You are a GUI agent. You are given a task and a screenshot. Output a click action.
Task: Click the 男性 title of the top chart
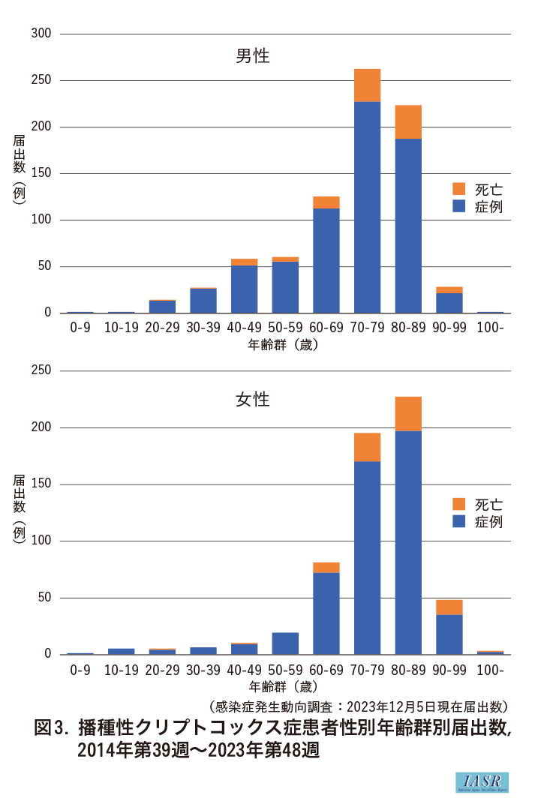pos(253,56)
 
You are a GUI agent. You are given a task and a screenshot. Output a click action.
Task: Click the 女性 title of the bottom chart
pos(253,400)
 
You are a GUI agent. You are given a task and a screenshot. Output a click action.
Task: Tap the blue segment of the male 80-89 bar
pos(408,225)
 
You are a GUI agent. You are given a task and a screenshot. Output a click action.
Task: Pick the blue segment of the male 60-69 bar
pos(326,260)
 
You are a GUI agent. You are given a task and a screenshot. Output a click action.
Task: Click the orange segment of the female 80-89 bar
pos(408,414)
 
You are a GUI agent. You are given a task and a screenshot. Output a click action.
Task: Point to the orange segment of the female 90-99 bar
pos(449,607)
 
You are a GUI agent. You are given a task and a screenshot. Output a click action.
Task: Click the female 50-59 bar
pos(285,643)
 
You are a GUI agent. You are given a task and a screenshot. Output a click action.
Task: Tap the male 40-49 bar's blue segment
pos(245,289)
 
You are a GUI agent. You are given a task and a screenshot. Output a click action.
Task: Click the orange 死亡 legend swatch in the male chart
pos(459,188)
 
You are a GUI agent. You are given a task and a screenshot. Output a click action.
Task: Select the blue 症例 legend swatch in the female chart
pos(459,521)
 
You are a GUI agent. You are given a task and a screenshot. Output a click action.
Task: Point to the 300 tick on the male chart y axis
pos(41,34)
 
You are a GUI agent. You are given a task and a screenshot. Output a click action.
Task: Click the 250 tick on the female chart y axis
pos(41,370)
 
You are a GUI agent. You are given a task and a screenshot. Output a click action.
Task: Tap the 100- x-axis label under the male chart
pos(490,328)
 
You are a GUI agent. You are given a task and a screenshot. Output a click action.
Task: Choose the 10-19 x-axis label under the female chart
pos(121,670)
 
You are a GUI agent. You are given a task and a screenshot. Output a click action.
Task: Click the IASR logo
pos(482,782)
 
